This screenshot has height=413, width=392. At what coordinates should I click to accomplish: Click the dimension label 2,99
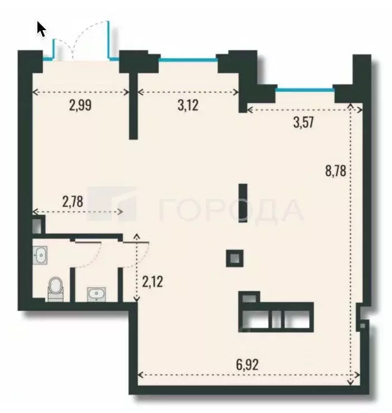pyautogui.click(x=80, y=105)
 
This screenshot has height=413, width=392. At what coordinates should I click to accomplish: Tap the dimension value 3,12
pyautogui.click(x=188, y=105)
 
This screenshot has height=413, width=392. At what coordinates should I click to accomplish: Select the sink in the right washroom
pyautogui.click(x=97, y=293)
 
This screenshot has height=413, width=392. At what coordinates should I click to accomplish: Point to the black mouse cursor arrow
pyautogui.click(x=41, y=29)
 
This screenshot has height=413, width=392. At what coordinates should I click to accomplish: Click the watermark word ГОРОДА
pyautogui.click(x=231, y=211)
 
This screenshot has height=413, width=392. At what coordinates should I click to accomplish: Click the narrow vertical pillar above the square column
pyautogui.click(x=242, y=202)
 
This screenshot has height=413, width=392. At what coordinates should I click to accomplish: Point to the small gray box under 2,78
pyautogui.click(x=37, y=226)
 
